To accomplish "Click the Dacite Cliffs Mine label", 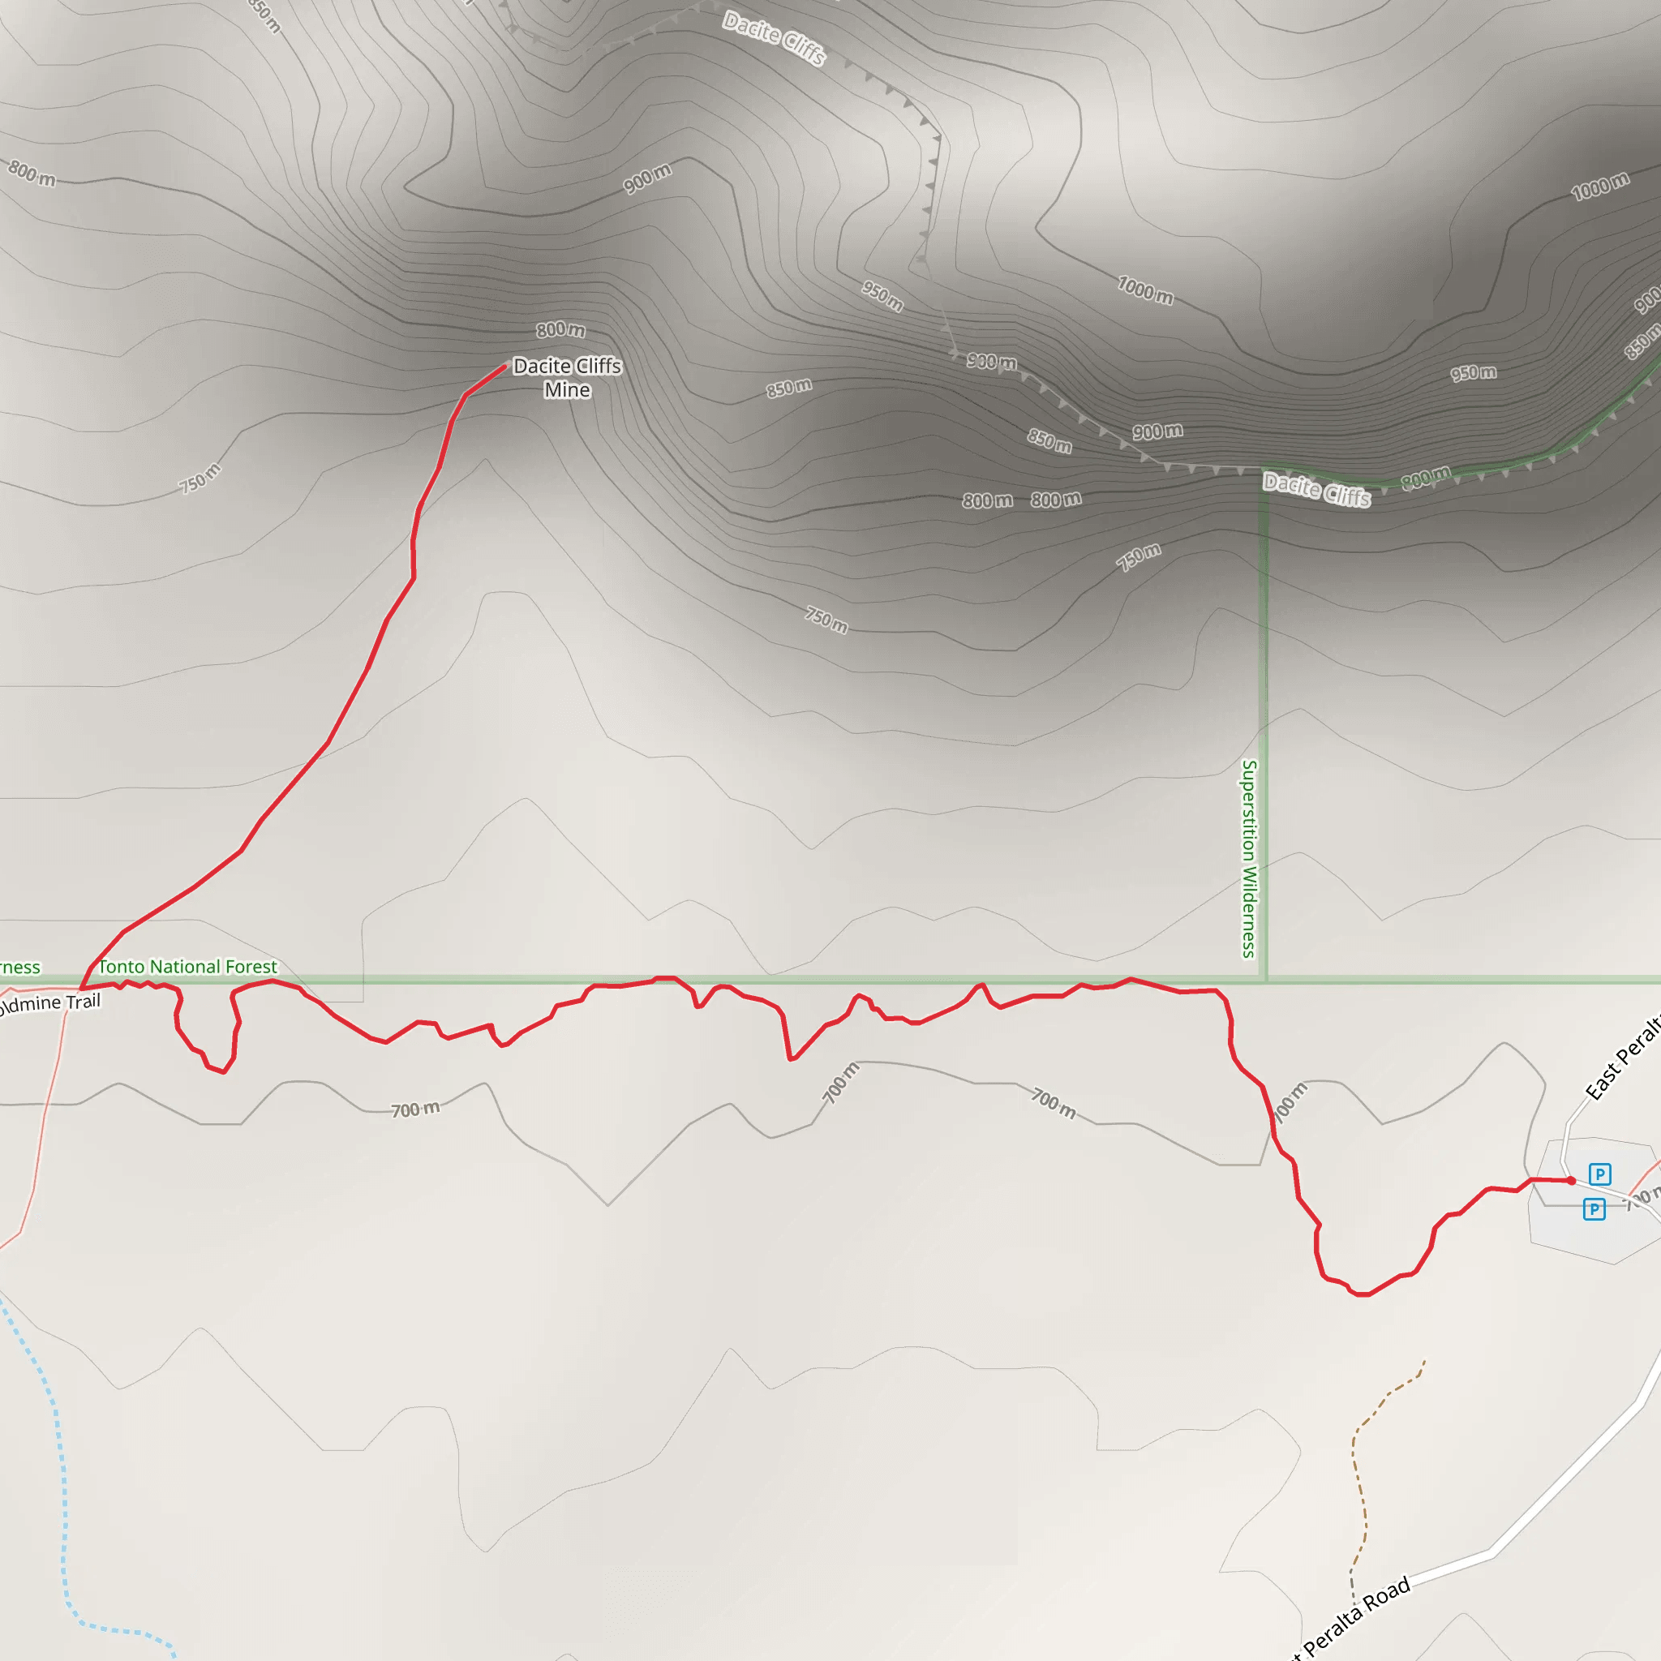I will point(567,377).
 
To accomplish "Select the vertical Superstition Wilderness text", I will point(1249,859).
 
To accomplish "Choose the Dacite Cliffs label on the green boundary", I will point(1316,490).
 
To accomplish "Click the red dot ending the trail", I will point(1571,1180).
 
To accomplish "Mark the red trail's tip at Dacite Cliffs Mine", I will point(504,367).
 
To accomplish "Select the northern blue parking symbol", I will point(1599,1174).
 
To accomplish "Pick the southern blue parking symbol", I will point(1594,1209).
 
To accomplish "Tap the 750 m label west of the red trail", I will point(200,478).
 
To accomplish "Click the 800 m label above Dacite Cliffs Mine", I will point(560,329).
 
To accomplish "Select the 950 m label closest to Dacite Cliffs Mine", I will point(882,296).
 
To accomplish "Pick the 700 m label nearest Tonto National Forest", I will point(415,1109).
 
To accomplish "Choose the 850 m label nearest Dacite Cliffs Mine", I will point(788,388).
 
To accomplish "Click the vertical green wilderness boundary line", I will point(1263,731).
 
